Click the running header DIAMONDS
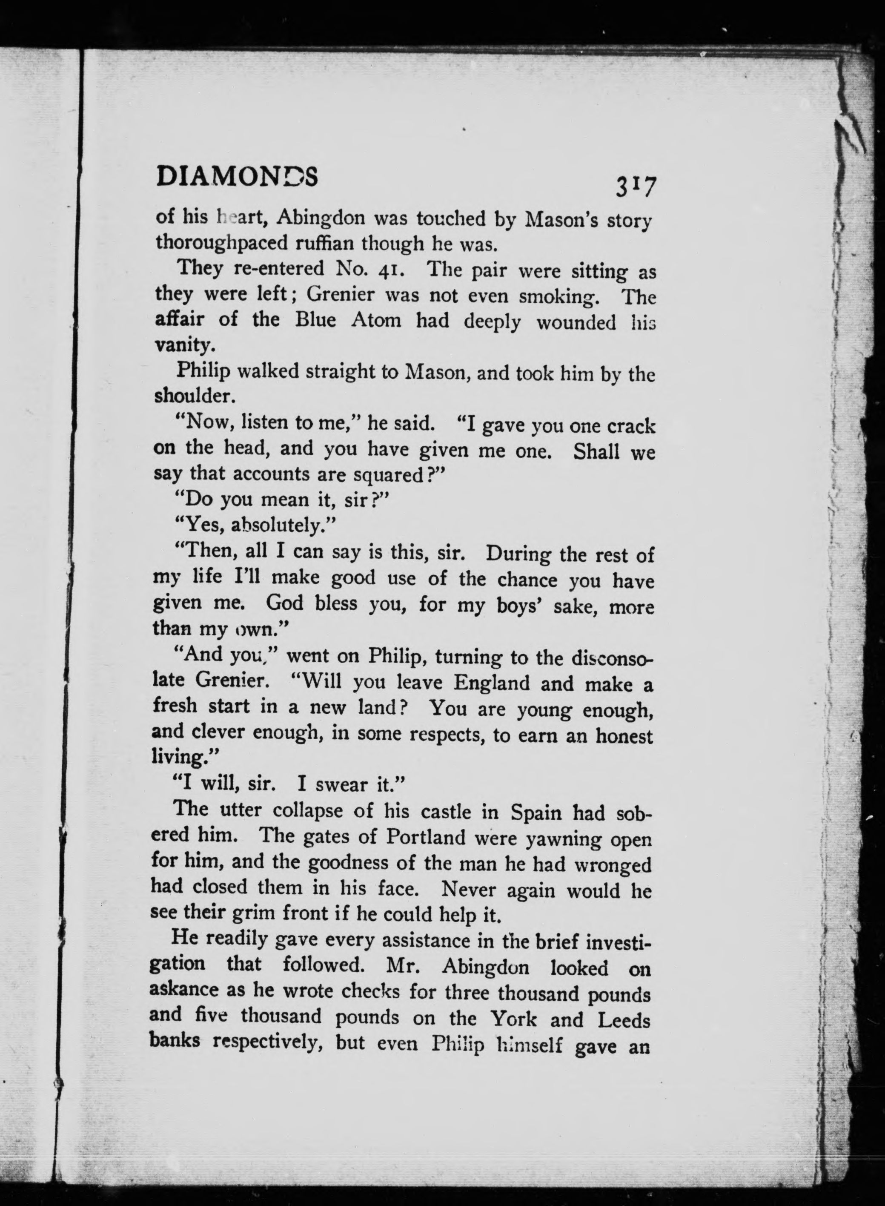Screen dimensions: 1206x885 coord(237,176)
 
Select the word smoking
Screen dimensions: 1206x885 coord(564,296)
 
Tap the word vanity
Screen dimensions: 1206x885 coord(185,345)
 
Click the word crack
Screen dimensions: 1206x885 coord(631,426)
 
